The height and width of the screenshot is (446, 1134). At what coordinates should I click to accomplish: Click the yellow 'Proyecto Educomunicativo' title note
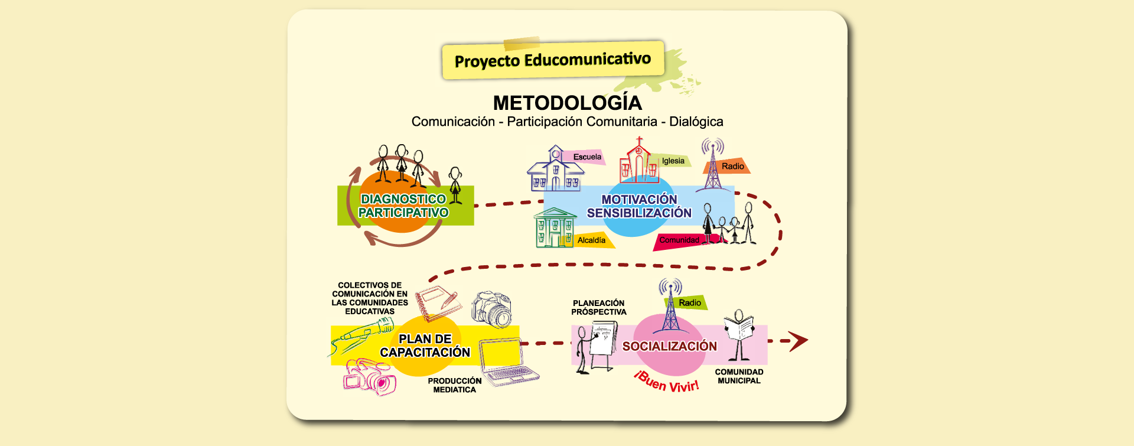point(553,60)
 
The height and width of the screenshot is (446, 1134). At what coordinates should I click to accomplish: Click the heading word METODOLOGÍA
point(567,103)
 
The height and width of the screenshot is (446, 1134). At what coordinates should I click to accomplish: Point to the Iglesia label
point(673,161)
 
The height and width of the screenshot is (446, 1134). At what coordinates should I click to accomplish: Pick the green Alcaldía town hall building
point(555,227)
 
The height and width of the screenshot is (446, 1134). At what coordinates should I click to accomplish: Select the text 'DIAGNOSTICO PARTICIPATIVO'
point(403,206)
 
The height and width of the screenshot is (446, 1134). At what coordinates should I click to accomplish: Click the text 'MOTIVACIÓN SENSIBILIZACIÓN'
point(639,206)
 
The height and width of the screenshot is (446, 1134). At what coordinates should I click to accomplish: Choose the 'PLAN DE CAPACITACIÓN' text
point(425,346)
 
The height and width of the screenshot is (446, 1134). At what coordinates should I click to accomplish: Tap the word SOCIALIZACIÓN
point(670,346)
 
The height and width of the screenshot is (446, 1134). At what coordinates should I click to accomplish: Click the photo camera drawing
point(491,309)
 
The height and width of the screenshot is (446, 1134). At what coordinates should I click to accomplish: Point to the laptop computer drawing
point(508,362)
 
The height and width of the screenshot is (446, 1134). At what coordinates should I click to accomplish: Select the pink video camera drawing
point(369,377)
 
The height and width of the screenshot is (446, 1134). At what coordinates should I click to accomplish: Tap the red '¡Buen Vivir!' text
point(667,382)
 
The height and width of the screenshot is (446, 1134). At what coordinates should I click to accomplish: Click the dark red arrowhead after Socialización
point(798,341)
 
